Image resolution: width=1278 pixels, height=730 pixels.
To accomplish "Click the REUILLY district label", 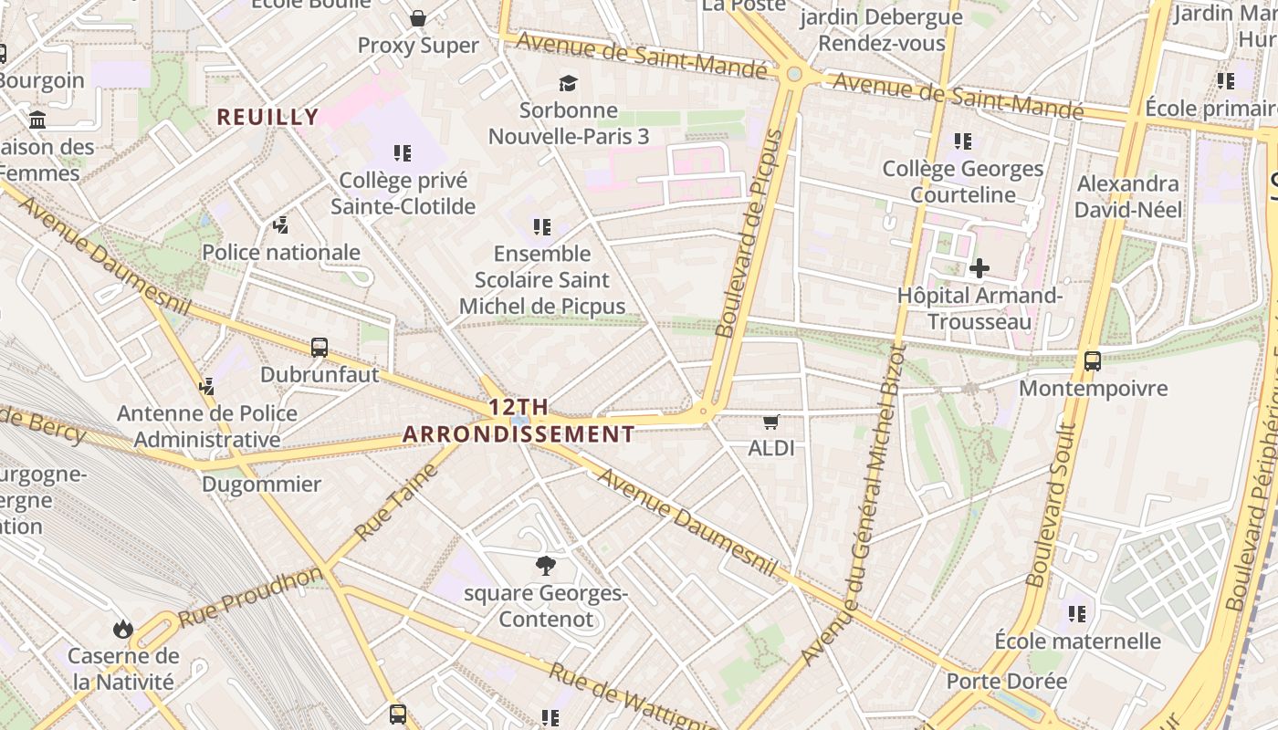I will pos(267,117).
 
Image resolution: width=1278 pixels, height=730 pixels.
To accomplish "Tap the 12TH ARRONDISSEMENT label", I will pos(519,421).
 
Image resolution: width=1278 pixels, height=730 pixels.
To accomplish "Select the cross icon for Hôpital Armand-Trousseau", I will pos(979,268).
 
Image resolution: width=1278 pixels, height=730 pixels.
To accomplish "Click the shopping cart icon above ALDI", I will pos(771,422).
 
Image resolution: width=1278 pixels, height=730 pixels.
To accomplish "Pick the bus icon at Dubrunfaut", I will pos(319,348).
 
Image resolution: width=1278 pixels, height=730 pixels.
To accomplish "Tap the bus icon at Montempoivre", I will pos(1093,361).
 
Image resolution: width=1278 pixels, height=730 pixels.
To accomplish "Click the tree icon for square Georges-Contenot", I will pos(546,566).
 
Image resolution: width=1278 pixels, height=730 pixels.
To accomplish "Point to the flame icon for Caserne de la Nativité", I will pos(122,629).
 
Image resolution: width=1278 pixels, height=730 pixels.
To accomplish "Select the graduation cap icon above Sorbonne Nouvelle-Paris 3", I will pos(569,84).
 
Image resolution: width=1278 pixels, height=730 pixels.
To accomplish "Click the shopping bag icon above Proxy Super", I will pos(418,18).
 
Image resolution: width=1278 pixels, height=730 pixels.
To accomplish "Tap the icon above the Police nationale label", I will pos(281,225).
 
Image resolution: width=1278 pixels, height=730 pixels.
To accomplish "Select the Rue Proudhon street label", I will pos(250,597).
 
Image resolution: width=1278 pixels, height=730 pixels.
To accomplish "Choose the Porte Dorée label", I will pos(1006,682).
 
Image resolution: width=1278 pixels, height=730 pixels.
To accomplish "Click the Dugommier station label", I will pos(261,484).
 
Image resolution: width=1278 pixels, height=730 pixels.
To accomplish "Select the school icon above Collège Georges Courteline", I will pos(963,141).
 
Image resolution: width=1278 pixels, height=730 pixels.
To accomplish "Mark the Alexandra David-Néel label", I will pos(1127,196).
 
